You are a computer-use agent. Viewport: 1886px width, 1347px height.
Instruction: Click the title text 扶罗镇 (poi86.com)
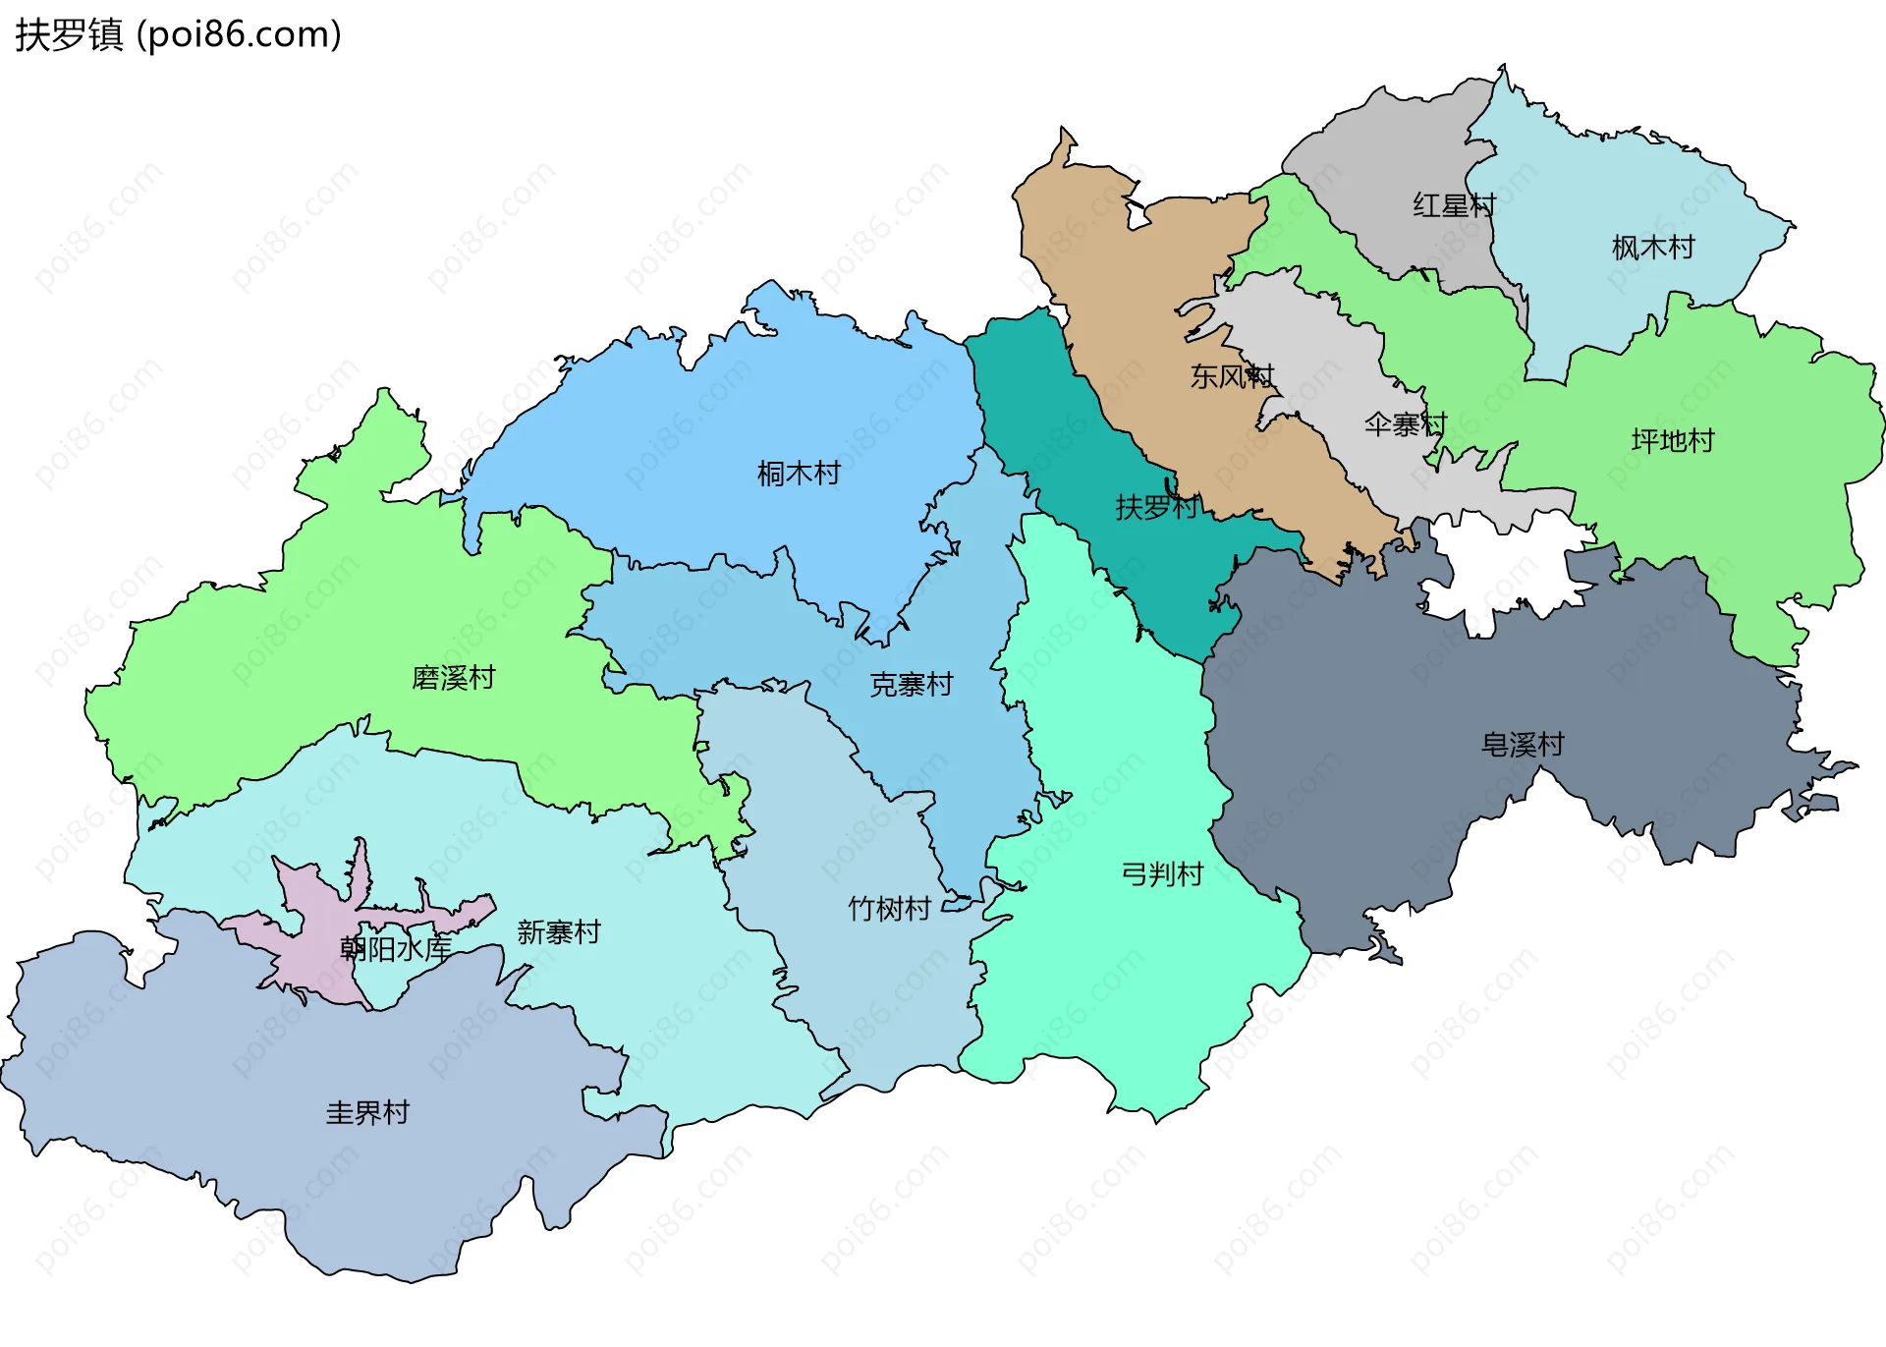tap(178, 34)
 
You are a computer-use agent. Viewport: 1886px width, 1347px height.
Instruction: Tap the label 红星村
tap(1454, 205)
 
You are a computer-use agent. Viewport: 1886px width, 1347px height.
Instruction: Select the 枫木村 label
tap(1653, 248)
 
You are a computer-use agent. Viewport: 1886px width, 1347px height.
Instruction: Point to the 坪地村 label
tap(1672, 440)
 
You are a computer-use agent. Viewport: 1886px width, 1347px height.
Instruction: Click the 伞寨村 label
tap(1405, 424)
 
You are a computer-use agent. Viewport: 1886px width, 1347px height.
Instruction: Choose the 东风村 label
tap(1232, 376)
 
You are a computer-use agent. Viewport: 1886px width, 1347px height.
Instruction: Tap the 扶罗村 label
tap(1157, 507)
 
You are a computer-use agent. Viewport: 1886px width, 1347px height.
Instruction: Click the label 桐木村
tap(799, 474)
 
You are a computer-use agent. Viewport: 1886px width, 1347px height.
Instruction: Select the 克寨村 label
tap(911, 684)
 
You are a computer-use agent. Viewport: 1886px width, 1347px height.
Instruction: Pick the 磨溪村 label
tap(453, 677)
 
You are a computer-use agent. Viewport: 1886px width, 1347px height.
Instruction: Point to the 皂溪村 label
tap(1522, 745)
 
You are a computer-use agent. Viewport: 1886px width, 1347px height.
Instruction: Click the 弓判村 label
tap(1162, 873)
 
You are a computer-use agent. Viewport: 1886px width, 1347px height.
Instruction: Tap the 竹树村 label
tap(889, 909)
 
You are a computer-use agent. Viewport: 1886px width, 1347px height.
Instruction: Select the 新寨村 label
tap(558, 931)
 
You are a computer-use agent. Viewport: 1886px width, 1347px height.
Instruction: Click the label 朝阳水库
tap(395, 948)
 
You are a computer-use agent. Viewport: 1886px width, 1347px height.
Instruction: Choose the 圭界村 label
tap(366, 1112)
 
